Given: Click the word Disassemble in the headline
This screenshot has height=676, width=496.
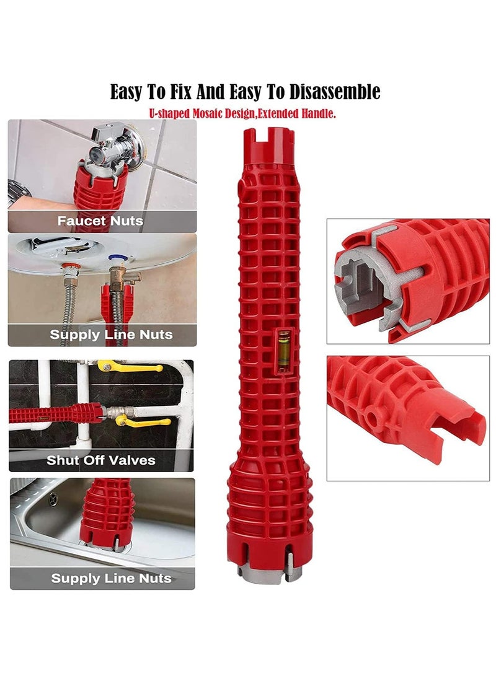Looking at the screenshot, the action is [x=335, y=92].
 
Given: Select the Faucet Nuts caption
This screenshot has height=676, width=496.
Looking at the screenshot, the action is [x=100, y=221].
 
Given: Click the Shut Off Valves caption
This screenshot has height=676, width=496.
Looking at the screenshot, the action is [x=101, y=460].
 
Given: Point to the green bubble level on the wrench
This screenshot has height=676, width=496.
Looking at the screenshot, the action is [x=284, y=350].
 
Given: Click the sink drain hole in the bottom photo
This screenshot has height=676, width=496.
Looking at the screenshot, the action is [x=53, y=499].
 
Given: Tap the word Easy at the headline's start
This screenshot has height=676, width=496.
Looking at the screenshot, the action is [x=126, y=92].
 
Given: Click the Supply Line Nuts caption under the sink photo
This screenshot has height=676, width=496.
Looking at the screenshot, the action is [x=111, y=578].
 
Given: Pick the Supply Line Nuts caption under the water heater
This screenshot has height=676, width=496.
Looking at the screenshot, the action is [x=111, y=335].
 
